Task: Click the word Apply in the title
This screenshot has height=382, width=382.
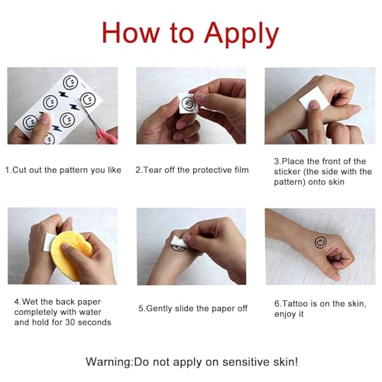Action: pyautogui.click(x=241, y=34)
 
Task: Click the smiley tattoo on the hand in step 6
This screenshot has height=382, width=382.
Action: pyautogui.click(x=320, y=242)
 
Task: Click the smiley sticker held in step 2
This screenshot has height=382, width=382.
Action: pyautogui.click(x=188, y=102)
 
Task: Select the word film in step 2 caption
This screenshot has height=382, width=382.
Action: pyautogui.click(x=241, y=170)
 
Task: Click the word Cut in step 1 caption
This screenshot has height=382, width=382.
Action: pyautogui.click(x=18, y=170)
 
